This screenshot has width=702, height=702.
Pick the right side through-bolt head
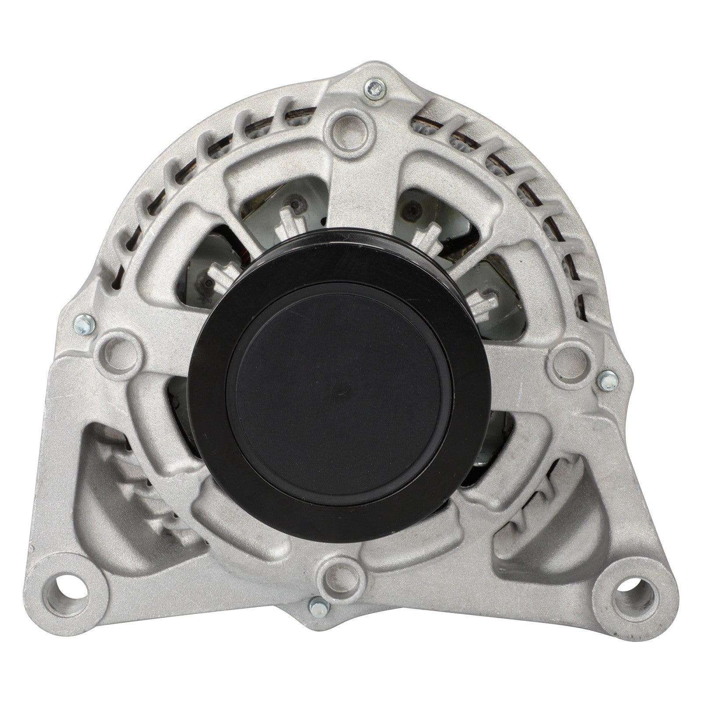609,377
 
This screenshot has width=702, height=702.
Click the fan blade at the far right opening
483,303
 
